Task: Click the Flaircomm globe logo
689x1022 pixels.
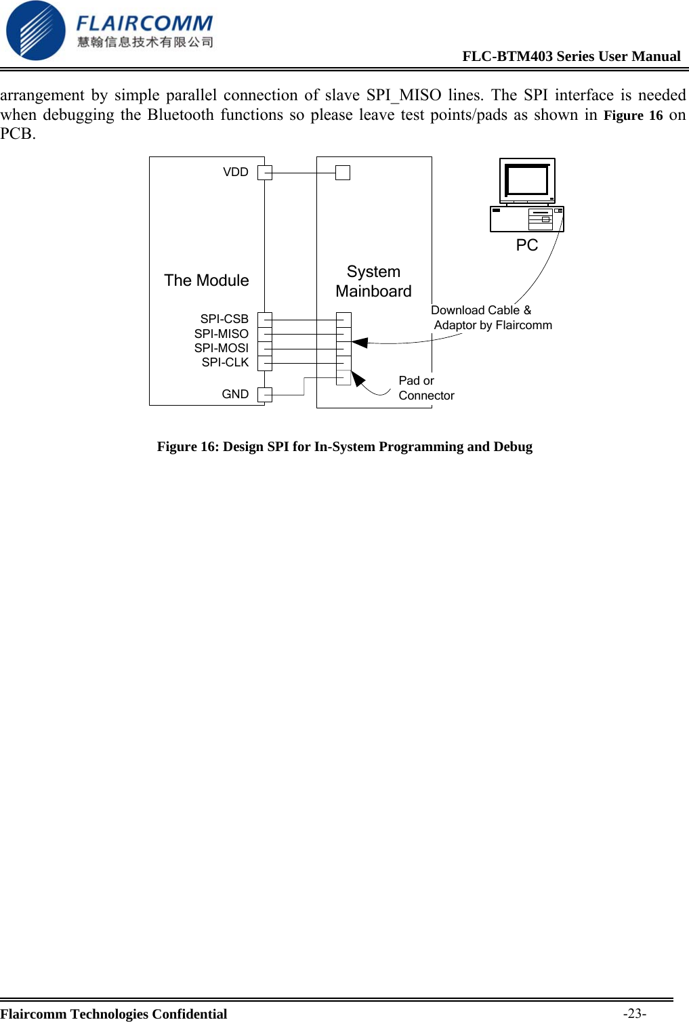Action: coord(35,30)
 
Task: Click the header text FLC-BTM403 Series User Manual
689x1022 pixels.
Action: coord(571,56)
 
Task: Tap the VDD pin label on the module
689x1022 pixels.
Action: coord(236,172)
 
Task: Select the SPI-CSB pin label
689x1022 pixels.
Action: coord(224,319)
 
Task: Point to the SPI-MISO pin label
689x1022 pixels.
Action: coord(221,334)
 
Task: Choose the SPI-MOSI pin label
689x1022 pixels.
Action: coord(221,348)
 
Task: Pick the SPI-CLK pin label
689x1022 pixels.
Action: coord(225,362)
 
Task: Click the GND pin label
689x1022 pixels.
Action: coord(235,394)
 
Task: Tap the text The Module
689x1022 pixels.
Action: coord(206,280)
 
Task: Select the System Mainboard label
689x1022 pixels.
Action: coord(373,281)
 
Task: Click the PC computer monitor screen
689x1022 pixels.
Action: coord(526,180)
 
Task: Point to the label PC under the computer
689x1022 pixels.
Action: coord(526,245)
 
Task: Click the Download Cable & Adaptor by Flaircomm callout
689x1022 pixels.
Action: coord(490,318)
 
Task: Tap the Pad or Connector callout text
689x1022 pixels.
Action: coord(425,388)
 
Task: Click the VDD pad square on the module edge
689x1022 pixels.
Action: coord(265,173)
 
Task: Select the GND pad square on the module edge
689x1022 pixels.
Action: coord(265,395)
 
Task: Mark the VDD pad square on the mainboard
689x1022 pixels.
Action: coord(343,173)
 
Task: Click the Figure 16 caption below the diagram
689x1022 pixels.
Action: coord(344,446)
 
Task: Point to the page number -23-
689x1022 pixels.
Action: coord(635,1013)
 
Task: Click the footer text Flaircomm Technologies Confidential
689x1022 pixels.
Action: coord(114,1014)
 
